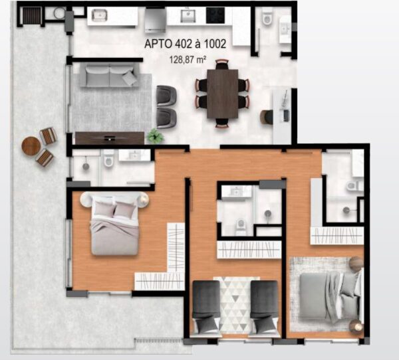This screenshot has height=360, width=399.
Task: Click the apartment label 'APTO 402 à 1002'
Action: pos(185,44)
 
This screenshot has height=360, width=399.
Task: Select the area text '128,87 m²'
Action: pos(188,60)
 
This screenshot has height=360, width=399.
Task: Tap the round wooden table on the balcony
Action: pos(31,146)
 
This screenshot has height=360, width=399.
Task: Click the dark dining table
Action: pos(222,94)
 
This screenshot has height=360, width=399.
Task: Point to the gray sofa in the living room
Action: pos(110,75)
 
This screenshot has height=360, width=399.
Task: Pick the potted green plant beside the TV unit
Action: pos(155,135)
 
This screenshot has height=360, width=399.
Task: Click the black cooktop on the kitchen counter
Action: pos(215,15)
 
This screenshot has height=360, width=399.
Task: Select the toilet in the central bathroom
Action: pos(240,227)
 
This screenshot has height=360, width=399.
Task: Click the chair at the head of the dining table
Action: pos(222,64)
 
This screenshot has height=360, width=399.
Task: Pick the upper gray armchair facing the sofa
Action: pos(166,96)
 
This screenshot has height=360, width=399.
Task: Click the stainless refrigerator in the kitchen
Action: pos(156,20)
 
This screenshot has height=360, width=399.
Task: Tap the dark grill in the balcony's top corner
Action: pos(32,16)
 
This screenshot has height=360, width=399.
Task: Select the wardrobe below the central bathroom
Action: pos(249,249)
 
